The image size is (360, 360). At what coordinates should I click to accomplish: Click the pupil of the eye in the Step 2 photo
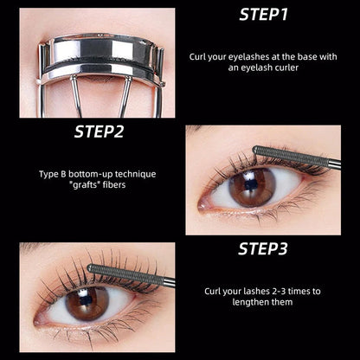[x=252, y=184]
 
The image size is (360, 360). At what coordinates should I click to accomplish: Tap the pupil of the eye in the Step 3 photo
[x=87, y=301]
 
